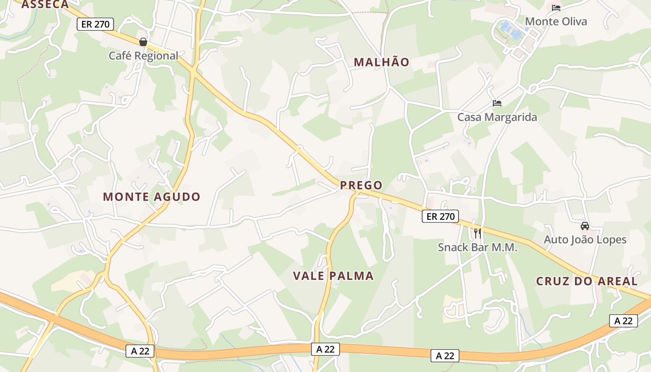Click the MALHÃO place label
click(x=381, y=62)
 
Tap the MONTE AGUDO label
click(x=152, y=197)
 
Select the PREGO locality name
click(x=361, y=186)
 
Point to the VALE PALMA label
click(x=333, y=276)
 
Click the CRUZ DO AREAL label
click(x=587, y=281)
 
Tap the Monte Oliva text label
click(x=556, y=21)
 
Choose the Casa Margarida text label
click(x=497, y=117)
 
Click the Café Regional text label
click(x=143, y=56)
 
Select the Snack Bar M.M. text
click(x=478, y=247)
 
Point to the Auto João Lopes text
click(x=585, y=240)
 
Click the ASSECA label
click(x=45, y=5)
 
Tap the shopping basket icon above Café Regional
click(x=143, y=42)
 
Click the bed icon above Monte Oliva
click(x=556, y=8)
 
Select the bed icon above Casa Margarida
click(x=497, y=103)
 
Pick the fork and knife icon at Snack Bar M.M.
click(x=478, y=233)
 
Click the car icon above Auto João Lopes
click(x=585, y=226)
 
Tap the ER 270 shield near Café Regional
click(x=95, y=24)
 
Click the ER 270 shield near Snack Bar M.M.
click(x=440, y=216)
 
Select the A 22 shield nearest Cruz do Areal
click(x=624, y=320)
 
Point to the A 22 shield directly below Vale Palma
click(x=325, y=349)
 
